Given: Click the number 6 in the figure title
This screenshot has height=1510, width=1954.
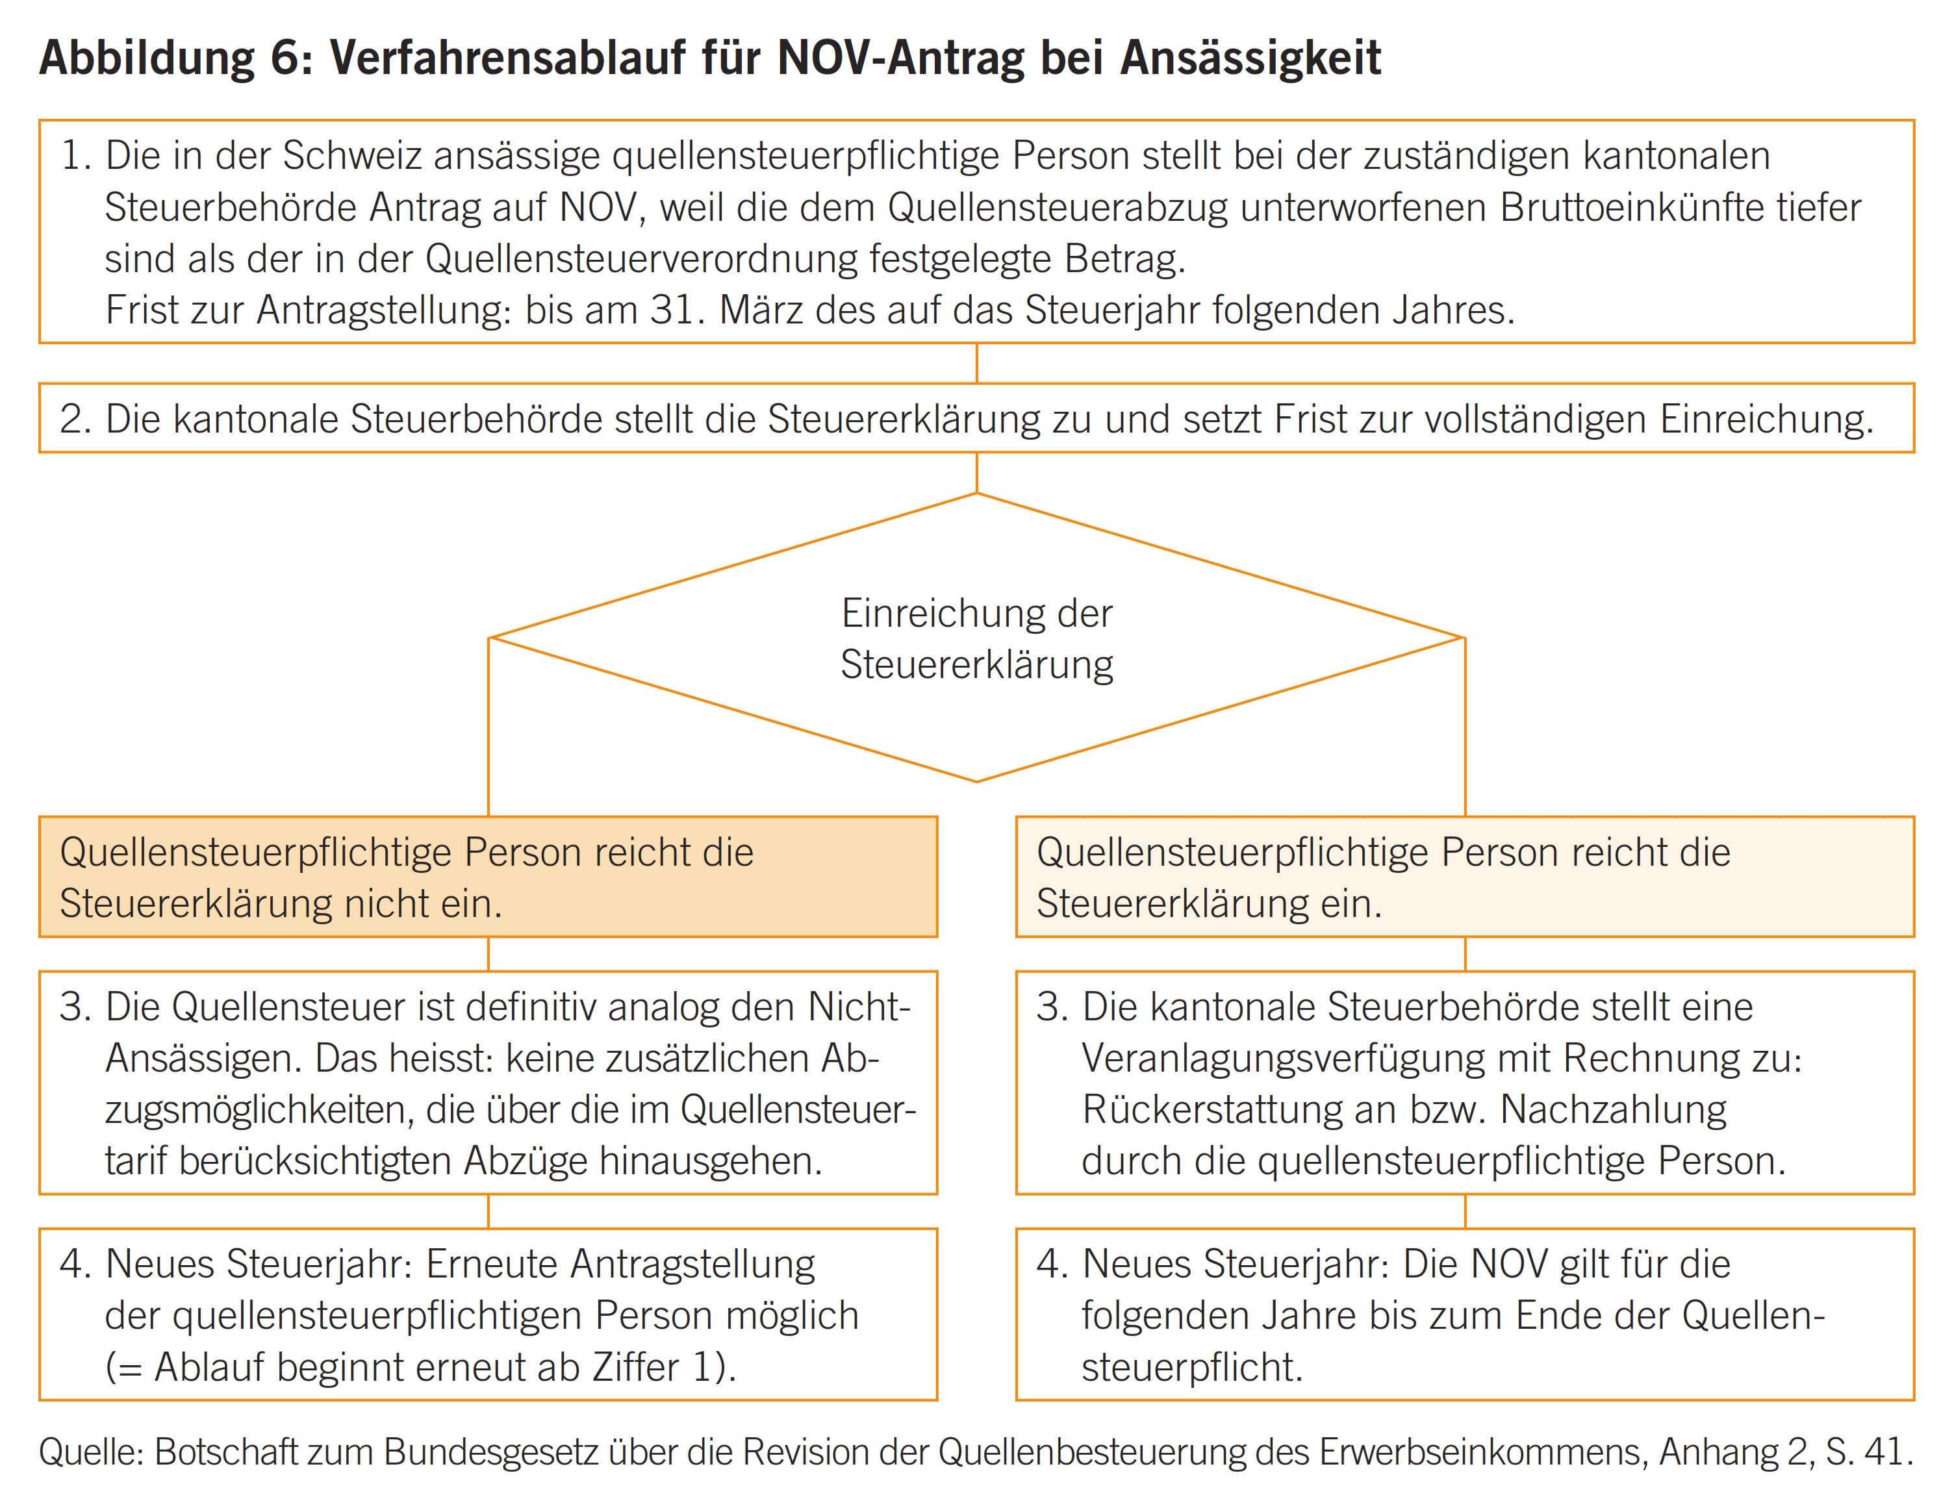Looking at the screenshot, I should (285, 59).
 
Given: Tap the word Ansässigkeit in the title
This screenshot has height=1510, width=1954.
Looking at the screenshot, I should (1250, 59).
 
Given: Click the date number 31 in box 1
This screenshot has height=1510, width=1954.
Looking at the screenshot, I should (671, 310).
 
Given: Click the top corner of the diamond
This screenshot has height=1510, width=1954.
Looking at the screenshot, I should (977, 494).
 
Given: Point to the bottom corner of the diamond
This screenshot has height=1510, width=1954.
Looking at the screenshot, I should (977, 781).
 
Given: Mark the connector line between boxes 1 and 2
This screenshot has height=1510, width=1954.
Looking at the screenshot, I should (977, 363).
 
